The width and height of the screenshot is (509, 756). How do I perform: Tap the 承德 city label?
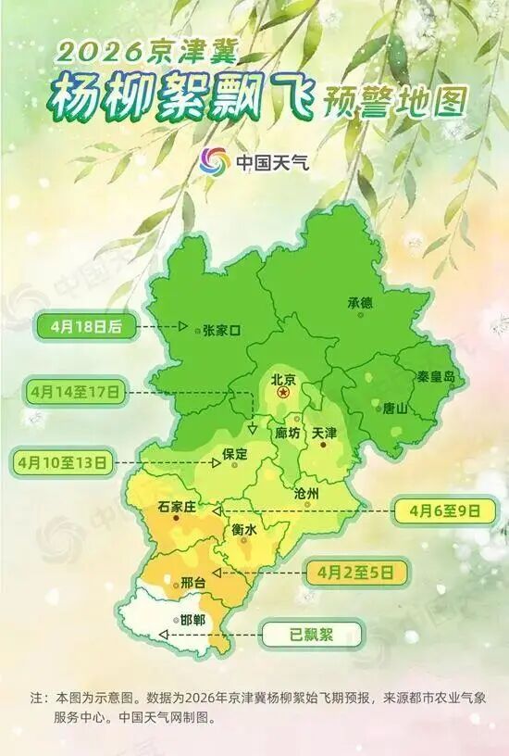tap(360, 303)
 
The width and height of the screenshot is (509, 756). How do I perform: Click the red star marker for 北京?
tap(283, 394)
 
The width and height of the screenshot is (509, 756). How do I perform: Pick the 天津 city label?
tap(325, 433)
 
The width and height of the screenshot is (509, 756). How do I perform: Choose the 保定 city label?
tap(236, 454)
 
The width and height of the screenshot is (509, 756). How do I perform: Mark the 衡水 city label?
tap(242, 529)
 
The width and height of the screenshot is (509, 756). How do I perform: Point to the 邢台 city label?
tap(192, 582)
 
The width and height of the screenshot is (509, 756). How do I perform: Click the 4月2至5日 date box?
tap(360, 570)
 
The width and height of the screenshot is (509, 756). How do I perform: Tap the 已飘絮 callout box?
tap(314, 635)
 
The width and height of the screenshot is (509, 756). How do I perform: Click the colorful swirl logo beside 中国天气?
tap(215, 160)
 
